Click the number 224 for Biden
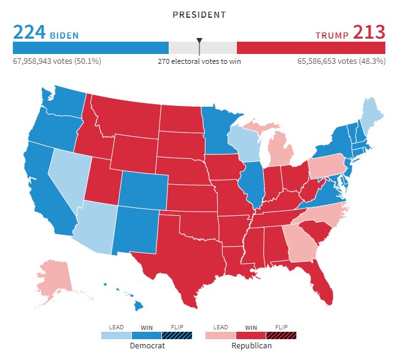[29, 32]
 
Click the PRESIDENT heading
[199, 14]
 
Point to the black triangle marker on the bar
[199, 41]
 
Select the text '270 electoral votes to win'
[199, 61]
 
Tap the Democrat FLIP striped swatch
[177, 335]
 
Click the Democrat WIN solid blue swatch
[147, 335]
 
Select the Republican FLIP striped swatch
[280, 335]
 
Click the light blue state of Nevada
[67, 178]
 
